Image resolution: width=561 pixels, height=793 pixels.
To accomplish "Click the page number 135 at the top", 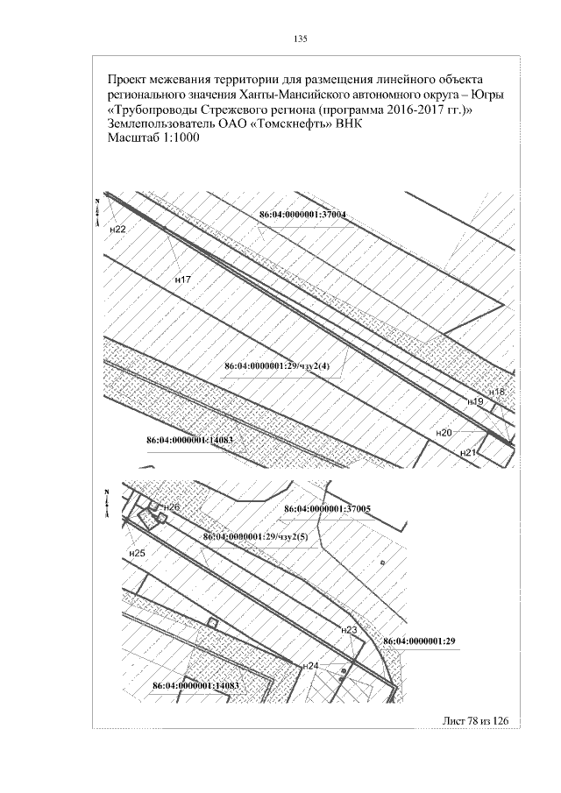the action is coord(300,39).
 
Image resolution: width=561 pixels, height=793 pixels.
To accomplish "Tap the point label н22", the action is coord(117,229).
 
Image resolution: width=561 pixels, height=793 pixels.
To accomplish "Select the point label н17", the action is coord(182,279).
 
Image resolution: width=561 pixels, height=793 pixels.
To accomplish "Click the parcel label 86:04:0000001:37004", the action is coord(302,215).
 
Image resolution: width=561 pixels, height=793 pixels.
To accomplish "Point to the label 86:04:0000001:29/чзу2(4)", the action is coord(277,366).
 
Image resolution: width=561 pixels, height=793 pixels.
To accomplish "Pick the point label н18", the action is coord(497,392).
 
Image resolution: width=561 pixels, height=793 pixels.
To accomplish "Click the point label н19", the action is coord(476,401).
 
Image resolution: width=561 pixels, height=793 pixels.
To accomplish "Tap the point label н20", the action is coord(444,433).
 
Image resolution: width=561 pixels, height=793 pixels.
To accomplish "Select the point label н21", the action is coord(468,453).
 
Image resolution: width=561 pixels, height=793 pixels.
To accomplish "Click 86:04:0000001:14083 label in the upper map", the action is coord(189,440).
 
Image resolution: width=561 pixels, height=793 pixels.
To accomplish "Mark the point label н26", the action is coord(172,507).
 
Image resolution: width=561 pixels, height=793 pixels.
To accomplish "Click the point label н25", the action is coord(137,553).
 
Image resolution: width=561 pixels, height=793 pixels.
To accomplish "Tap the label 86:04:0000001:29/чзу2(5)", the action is coord(255,537).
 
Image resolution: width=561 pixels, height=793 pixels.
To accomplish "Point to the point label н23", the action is coord(350,630).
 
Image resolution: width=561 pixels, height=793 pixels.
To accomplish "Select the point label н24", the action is coord(310,666).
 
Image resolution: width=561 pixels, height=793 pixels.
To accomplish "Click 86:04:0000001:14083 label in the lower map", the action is coord(195,686).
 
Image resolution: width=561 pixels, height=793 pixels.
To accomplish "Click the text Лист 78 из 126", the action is coord(474,720).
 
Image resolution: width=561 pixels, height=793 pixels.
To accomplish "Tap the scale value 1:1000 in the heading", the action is coord(179,138).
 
